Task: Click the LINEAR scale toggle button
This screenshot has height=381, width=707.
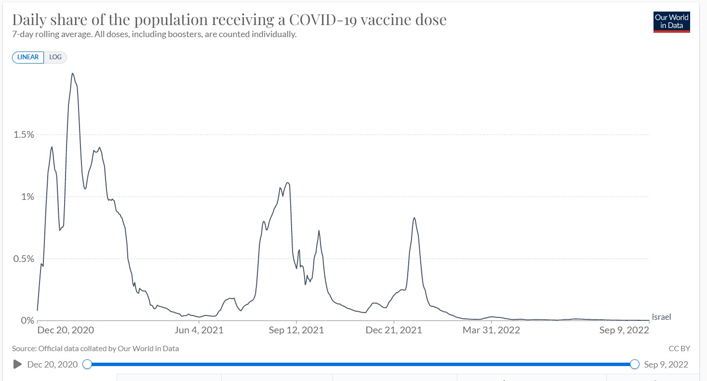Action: (28, 57)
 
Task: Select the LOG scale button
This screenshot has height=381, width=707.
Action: (55, 57)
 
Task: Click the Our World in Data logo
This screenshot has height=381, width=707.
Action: (671, 22)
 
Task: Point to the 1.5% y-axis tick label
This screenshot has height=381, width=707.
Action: (24, 134)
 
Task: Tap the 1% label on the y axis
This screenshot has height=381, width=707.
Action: (27, 197)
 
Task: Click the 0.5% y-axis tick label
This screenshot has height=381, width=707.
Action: (24, 259)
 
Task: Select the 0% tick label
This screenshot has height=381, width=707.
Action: (27, 320)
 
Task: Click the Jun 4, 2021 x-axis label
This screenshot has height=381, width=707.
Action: (199, 330)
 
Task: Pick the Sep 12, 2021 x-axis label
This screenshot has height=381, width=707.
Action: (296, 330)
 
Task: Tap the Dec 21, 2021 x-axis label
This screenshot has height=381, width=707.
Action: (394, 330)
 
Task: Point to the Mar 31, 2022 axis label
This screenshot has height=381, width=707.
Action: (491, 330)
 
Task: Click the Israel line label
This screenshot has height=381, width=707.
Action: (661, 317)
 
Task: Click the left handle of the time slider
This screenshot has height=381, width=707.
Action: (87, 364)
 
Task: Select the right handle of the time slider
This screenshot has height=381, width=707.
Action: (635, 364)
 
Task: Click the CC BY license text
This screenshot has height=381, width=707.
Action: (679, 348)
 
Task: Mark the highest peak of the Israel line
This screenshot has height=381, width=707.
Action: (72, 73)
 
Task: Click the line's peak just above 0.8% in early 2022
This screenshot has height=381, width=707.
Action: (414, 218)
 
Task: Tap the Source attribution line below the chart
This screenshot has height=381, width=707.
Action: (95, 348)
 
